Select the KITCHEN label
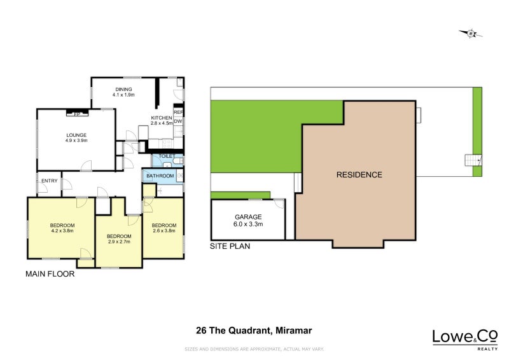[161, 118]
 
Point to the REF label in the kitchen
[179, 113]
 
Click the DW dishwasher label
[179, 121]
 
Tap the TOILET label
[167, 156]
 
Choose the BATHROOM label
[160, 176]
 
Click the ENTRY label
[49, 181]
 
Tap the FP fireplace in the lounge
[77, 114]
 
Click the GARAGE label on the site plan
[248, 217]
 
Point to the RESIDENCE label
[359, 175]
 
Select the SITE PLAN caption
[230, 246]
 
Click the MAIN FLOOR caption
[50, 274]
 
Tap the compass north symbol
[470, 33]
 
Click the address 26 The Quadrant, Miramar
[254, 330]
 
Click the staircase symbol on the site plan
[472, 160]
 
